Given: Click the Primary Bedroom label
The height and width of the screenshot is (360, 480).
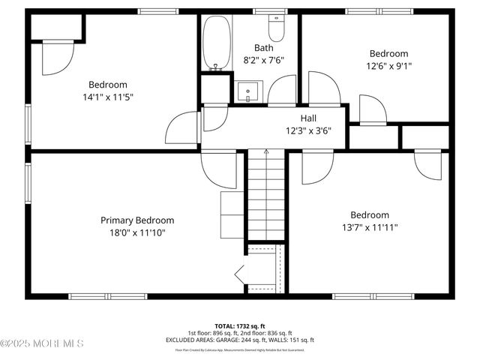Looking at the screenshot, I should (137, 220).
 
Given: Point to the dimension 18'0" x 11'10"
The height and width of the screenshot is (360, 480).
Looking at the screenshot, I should (137, 232).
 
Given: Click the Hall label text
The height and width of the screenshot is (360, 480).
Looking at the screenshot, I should (308, 118).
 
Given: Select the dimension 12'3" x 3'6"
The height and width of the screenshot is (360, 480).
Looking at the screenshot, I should (308, 130).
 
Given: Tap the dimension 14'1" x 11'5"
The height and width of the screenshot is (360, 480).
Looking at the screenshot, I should (108, 97).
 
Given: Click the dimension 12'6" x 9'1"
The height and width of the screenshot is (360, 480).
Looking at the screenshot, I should (388, 65).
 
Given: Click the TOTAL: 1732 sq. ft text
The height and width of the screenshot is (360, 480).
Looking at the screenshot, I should (240, 326).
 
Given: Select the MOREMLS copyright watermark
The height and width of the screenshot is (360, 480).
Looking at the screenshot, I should (42, 343).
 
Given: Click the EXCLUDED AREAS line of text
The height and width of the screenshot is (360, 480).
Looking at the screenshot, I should (240, 340).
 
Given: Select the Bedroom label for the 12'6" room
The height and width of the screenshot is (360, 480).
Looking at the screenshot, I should (388, 53).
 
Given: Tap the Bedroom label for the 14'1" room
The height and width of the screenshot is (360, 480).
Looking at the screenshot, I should (108, 85).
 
